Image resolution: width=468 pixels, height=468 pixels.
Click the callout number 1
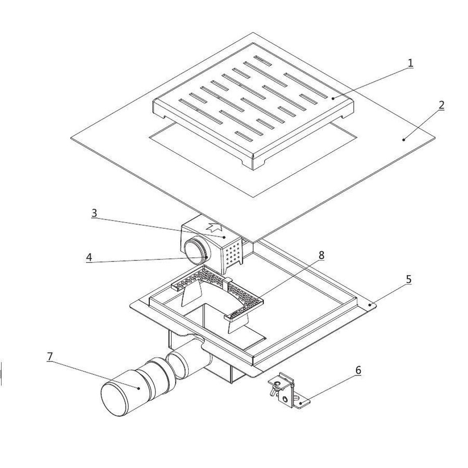(x=410, y=63)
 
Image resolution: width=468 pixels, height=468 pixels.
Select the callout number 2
(x=441, y=105)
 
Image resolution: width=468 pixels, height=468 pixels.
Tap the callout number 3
(x=94, y=213)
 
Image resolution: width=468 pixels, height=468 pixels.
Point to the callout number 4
(x=89, y=257)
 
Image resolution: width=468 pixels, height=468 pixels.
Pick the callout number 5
(x=409, y=280)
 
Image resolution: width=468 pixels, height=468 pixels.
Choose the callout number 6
(x=358, y=370)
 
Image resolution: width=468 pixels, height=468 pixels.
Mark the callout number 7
(x=50, y=356)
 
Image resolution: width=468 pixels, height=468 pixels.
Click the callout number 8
(x=321, y=255)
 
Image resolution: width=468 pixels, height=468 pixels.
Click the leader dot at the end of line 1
(x=333, y=98)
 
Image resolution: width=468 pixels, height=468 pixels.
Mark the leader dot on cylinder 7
(x=139, y=388)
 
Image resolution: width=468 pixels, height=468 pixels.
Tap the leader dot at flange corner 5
(x=370, y=305)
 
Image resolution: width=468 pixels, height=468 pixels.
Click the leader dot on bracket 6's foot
(x=301, y=404)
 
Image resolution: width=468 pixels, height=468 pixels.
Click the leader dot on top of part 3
(x=224, y=237)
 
